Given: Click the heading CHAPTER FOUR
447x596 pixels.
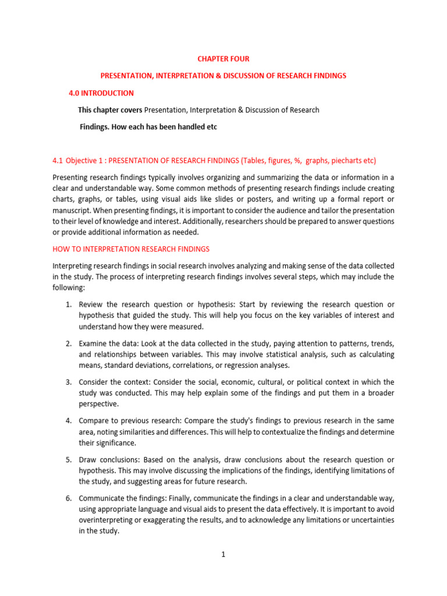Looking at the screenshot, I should coord(223,59).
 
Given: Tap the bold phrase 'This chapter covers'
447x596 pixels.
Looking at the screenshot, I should coord(110,110).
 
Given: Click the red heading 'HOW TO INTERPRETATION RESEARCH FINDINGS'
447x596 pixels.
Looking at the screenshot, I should coord(131,249).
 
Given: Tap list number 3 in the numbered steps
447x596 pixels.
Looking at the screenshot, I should coord(68,382).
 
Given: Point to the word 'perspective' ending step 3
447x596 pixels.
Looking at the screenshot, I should coord(98,404).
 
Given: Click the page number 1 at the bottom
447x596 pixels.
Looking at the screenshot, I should coord(223,555).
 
